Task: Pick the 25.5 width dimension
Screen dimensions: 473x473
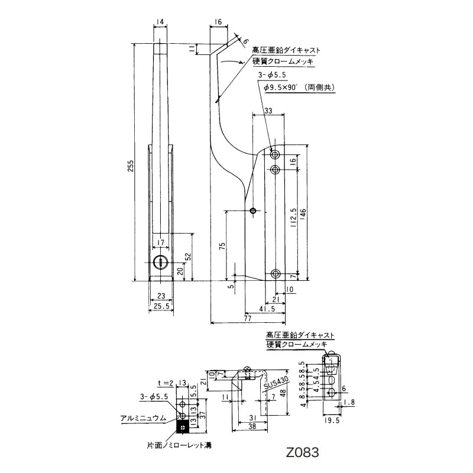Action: [x=161, y=306]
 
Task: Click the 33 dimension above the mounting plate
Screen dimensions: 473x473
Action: [x=268, y=111]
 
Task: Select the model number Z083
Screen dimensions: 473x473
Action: [x=302, y=453]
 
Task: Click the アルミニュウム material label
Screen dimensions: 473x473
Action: [x=144, y=417]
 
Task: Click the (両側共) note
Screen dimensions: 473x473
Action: [x=320, y=88]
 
